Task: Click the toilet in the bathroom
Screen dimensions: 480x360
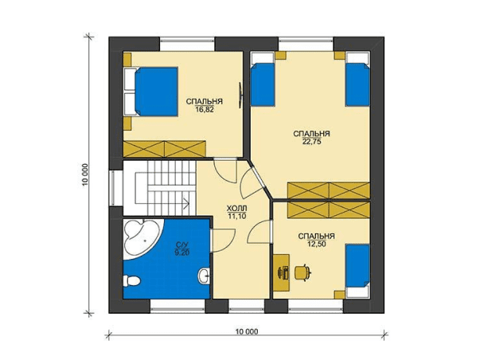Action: coord(131,280)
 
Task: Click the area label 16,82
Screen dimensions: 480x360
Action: coord(205,109)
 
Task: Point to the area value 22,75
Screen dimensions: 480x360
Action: coord(311,142)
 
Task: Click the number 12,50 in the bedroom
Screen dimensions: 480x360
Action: coord(316,245)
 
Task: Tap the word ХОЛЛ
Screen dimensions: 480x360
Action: coord(236,209)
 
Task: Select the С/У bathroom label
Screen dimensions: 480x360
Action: coord(181,245)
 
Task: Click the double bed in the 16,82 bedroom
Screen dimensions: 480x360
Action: coord(151,92)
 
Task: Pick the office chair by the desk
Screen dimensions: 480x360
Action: coord(302,272)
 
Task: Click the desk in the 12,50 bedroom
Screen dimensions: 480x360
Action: coord(281,272)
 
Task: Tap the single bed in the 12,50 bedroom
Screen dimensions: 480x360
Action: coord(357,270)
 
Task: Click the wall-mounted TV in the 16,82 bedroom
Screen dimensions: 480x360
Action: coord(241,95)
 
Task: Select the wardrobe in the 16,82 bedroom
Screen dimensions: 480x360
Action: coord(164,149)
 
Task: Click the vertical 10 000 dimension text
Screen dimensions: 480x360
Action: coord(85,174)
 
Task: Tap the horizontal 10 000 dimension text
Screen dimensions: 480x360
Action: coord(247,331)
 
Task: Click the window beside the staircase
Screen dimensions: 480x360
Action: coord(113,188)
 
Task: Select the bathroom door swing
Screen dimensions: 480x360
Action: coord(224,241)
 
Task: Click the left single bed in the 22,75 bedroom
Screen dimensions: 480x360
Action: coord(263,80)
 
